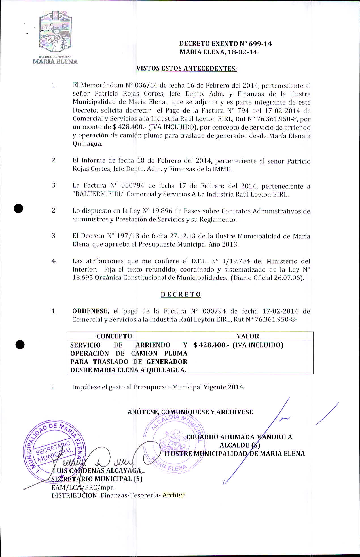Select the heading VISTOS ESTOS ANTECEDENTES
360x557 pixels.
187,69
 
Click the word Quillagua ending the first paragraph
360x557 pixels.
87,144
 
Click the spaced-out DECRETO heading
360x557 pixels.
181,295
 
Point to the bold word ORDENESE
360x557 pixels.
90,311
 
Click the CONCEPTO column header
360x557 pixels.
114,336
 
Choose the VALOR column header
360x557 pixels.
248,336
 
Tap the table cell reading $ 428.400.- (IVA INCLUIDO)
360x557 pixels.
238,345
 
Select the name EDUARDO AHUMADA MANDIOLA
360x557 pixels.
239,437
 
